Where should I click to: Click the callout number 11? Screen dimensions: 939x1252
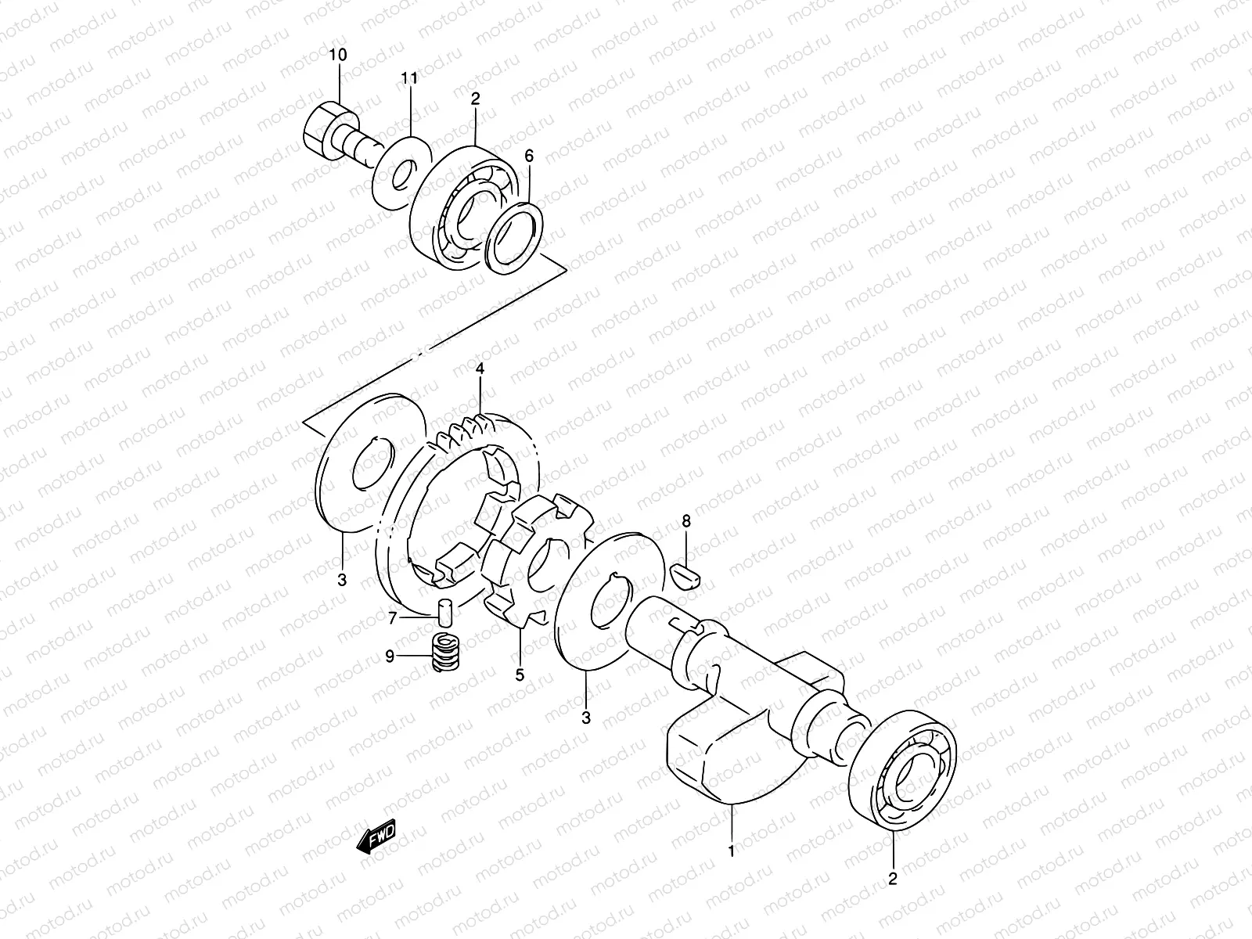pyautogui.click(x=410, y=78)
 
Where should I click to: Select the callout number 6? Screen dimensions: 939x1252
pyautogui.click(x=529, y=156)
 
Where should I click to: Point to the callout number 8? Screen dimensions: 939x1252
pyautogui.click(x=686, y=521)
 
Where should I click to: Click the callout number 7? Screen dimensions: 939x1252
pyautogui.click(x=393, y=619)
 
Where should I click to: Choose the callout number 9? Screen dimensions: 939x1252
pyautogui.click(x=389, y=657)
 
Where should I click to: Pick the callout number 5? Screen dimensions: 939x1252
pyautogui.click(x=519, y=675)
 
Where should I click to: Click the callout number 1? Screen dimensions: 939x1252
pyautogui.click(x=731, y=851)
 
